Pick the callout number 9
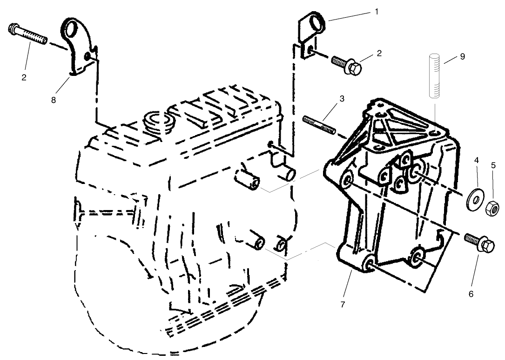pos(462,57)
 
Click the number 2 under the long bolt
pos(24,77)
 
